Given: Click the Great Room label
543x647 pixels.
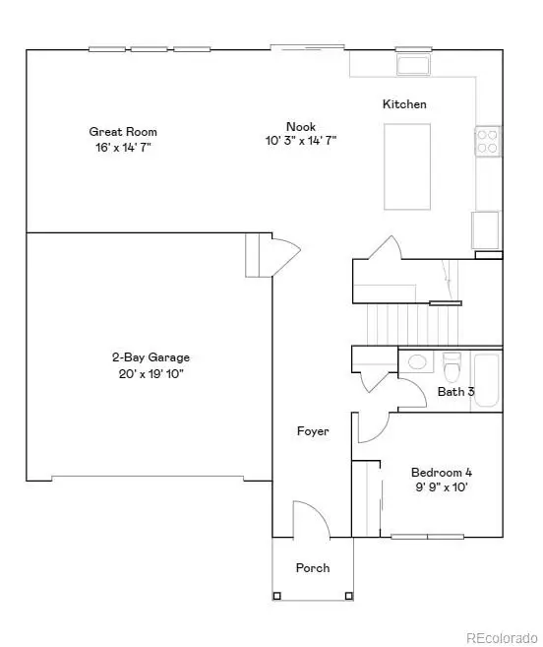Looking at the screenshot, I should click(x=123, y=132).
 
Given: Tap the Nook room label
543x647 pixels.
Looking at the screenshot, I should click(x=300, y=126).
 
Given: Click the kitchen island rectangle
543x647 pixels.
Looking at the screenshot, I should click(x=411, y=165).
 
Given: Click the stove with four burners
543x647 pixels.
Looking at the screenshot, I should click(x=488, y=142).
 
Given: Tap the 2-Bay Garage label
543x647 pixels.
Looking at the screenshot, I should click(x=150, y=357).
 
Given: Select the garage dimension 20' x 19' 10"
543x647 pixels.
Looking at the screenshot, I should click(x=150, y=373).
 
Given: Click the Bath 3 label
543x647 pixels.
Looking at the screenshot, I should click(x=455, y=392).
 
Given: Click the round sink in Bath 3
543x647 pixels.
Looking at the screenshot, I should click(x=417, y=362).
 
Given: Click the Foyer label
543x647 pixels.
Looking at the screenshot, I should click(x=313, y=431).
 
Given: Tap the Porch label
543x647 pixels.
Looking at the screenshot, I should click(x=313, y=568).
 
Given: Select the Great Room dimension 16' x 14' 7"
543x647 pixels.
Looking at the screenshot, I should click(x=123, y=147).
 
